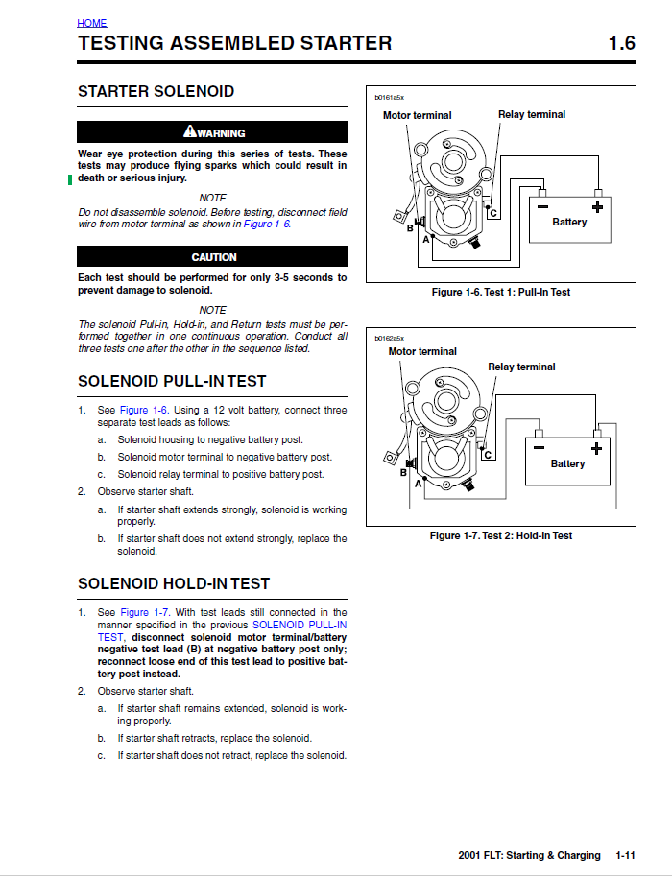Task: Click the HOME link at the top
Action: coord(92,23)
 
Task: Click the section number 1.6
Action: coord(622,43)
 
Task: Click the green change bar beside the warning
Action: coord(70,179)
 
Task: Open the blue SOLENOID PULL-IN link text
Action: coord(300,625)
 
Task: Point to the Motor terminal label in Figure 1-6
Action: coord(417,116)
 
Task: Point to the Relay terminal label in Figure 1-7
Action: coord(521,367)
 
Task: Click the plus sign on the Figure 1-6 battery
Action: coord(598,207)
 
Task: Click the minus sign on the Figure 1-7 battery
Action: coord(539,447)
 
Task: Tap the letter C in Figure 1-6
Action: coord(493,213)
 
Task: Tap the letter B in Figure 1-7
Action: coord(403,473)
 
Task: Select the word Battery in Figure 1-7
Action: coord(567,463)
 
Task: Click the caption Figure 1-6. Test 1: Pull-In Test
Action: coord(501,292)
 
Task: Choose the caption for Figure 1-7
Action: coord(501,535)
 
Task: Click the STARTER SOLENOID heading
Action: coord(156,91)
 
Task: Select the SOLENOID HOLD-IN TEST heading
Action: coord(174,583)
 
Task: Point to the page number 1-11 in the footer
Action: coord(625,855)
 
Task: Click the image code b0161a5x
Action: coord(389,98)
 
